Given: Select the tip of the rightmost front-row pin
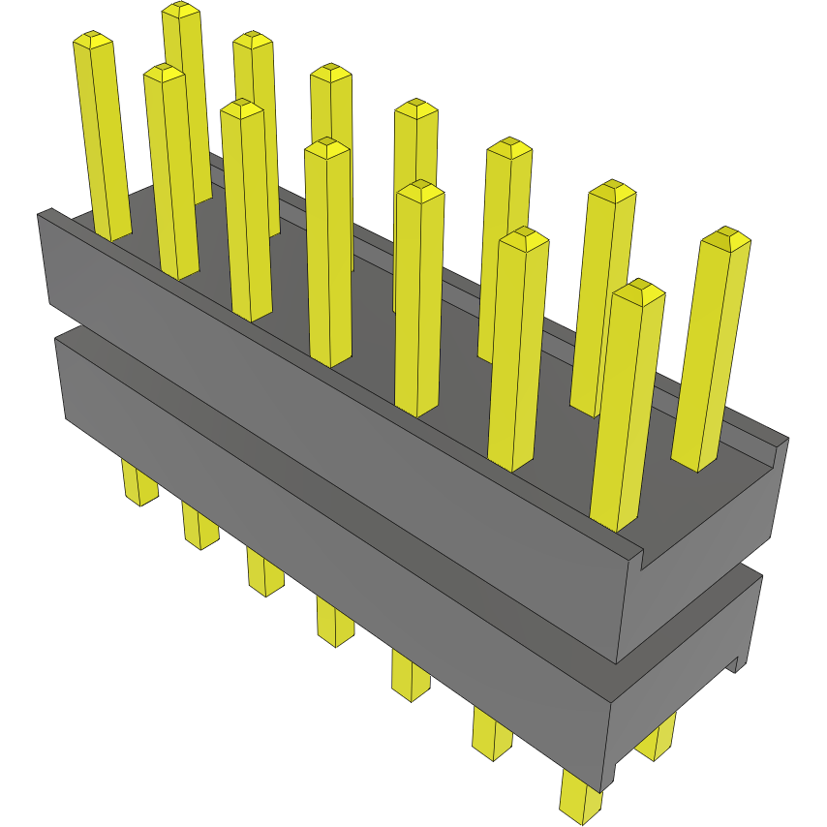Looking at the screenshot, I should coord(639,289).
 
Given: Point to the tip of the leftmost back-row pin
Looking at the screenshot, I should coord(181,11).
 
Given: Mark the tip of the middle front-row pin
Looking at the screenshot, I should coord(327,147).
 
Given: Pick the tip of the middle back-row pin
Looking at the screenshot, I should coord(416,107).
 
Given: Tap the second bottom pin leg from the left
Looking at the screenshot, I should coord(199,528).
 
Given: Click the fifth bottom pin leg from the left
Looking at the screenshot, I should coord(411,674).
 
